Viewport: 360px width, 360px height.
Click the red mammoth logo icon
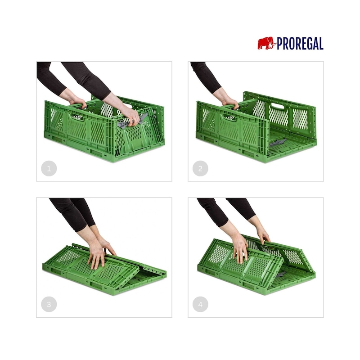point(266,43)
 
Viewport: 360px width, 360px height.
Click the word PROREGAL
point(300,43)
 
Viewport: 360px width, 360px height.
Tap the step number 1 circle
point(49,168)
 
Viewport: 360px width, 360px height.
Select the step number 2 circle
point(200,168)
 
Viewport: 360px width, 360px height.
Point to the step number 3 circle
point(49,305)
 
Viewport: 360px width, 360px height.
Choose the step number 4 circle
point(200,305)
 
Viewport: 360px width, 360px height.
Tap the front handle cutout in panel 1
point(77,117)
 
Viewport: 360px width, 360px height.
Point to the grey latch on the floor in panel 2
point(278,143)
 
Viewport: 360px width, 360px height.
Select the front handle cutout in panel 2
point(229,117)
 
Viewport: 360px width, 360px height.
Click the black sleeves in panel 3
point(73,212)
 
